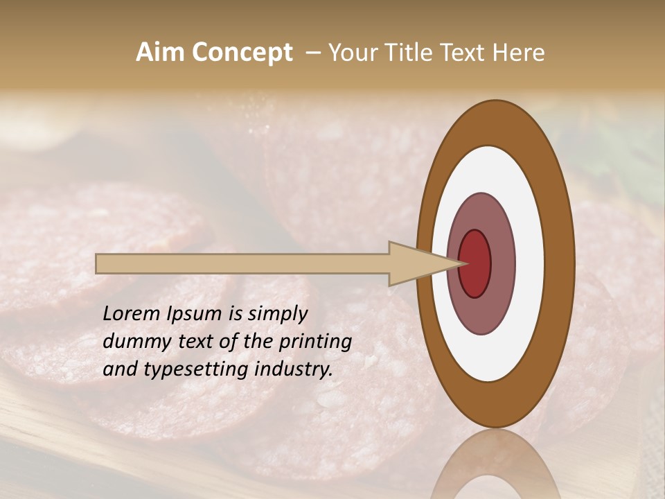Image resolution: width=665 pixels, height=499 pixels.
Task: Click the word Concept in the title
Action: [241, 53]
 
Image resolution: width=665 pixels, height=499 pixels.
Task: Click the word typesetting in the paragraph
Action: [190, 370]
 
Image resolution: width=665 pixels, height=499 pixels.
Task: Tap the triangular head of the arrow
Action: [416, 263]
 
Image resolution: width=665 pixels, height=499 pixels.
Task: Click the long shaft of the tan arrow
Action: [242, 264]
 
